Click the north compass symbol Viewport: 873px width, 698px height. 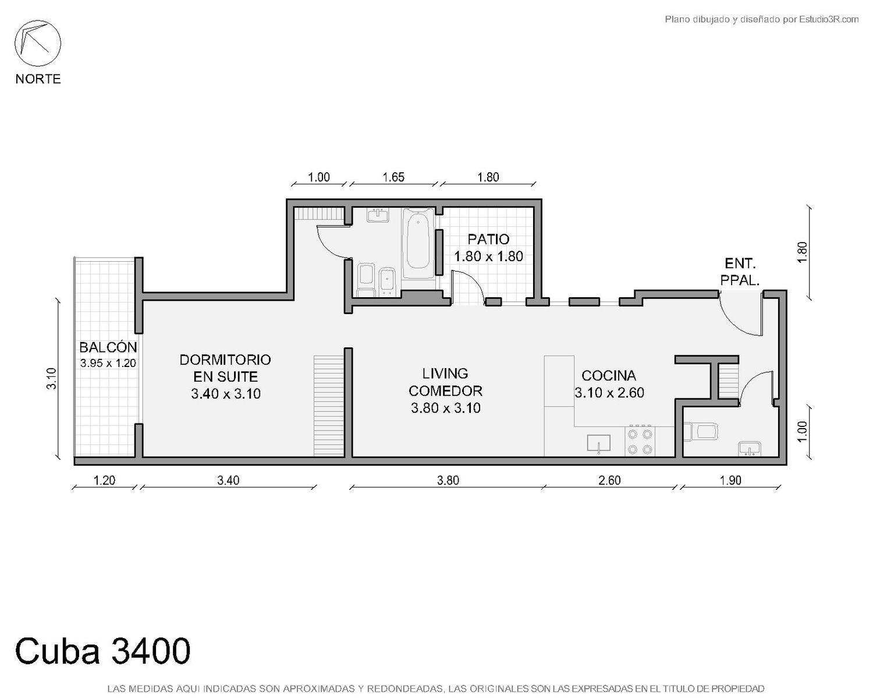(x=38, y=44)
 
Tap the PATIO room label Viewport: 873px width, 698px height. (x=488, y=239)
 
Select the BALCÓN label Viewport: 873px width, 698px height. (x=108, y=347)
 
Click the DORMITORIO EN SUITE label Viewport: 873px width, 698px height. (x=226, y=368)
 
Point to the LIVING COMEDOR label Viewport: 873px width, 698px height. (x=445, y=382)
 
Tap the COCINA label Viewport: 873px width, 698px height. (x=609, y=376)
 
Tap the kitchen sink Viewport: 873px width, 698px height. (x=598, y=443)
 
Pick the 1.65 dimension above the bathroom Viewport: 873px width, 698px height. (x=393, y=177)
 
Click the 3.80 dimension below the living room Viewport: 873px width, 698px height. (x=448, y=480)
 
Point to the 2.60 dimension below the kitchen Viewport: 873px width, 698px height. (x=609, y=480)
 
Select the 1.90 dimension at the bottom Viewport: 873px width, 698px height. (x=730, y=480)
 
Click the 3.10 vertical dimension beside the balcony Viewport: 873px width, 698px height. (x=52, y=379)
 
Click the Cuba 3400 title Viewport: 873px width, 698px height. (x=102, y=651)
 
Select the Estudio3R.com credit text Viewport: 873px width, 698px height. (x=761, y=19)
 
